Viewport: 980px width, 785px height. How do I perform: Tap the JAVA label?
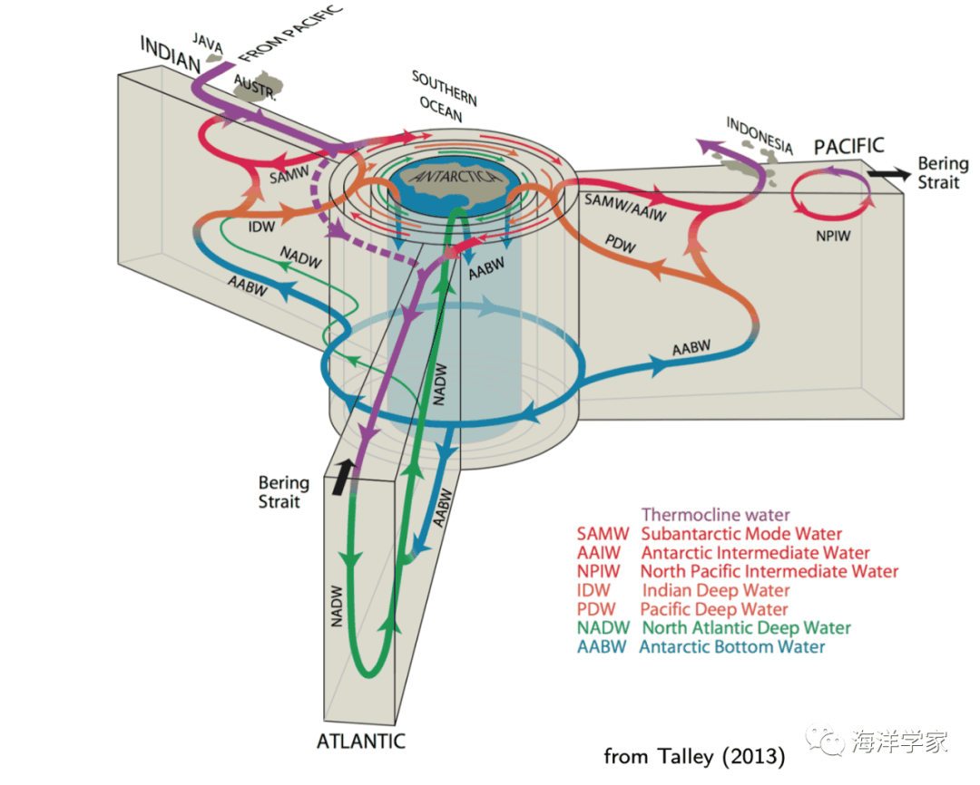click(208, 40)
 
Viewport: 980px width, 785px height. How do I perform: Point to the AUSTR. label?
click(251, 86)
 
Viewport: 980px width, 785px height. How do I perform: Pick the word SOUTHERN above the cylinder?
click(445, 88)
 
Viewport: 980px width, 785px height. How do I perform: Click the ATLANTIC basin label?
click(360, 741)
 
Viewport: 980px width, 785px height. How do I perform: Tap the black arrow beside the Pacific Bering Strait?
click(886, 172)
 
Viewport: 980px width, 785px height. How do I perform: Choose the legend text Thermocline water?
click(715, 515)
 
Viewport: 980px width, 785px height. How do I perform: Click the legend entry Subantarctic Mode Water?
click(741, 534)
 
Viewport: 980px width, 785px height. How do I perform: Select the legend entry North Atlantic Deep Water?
click(746, 627)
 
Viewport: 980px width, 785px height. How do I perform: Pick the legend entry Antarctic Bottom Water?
click(732, 646)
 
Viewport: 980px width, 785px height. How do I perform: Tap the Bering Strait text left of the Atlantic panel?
click(283, 491)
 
